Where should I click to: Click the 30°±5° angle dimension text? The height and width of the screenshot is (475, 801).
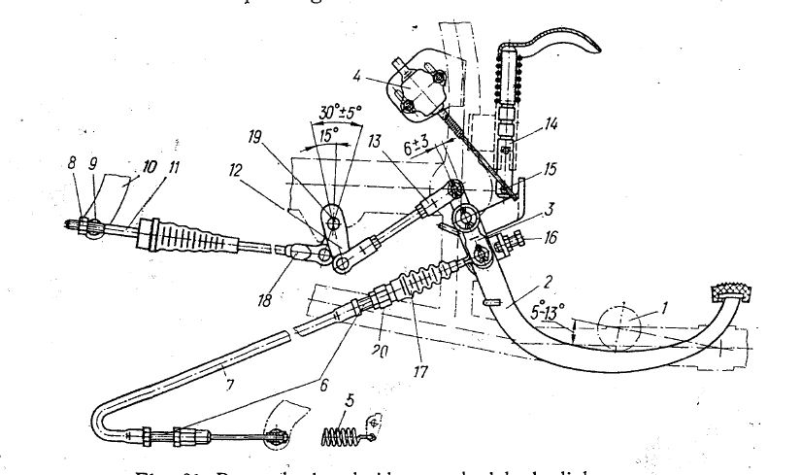coord(332,115)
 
